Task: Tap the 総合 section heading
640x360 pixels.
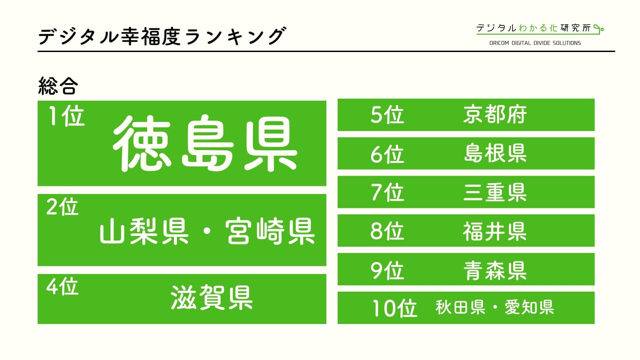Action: coord(58,86)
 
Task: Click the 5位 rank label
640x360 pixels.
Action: coord(387,115)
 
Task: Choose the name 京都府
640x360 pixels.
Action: coord(495,115)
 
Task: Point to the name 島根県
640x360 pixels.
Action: coord(495,153)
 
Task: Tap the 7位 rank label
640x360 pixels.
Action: coord(387,192)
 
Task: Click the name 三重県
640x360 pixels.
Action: coord(495,192)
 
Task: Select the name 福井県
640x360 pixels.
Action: coord(495,231)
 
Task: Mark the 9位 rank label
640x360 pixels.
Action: coord(387,270)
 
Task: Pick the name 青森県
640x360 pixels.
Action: coord(495,270)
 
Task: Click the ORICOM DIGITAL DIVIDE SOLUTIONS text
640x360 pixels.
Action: coord(535,43)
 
